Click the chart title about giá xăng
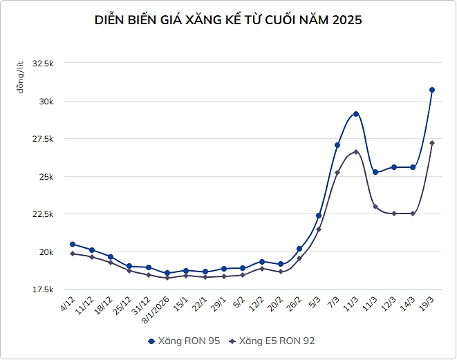pos(228,20)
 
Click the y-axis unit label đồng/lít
pos(22,77)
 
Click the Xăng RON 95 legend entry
pos(179,341)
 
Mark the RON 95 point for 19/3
pos(432,90)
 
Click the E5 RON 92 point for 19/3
pos(432,143)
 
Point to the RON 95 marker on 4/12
pos(73,244)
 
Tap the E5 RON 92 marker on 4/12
pos(73,254)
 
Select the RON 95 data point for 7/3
pos(337,145)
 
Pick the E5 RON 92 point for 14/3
pos(413,214)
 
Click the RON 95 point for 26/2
pos(299,249)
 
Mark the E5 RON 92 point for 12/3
pos(394,214)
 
